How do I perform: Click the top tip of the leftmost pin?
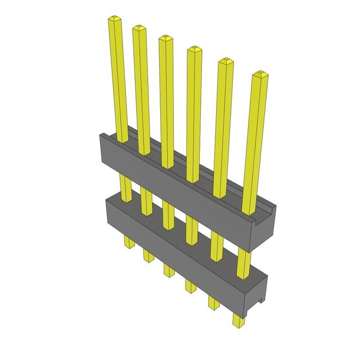coord(114,20)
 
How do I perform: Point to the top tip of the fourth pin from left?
coord(193,49)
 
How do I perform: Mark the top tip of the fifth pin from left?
coord(225,61)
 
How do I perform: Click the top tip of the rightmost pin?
coord(259,75)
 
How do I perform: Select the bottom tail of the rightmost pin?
coord(239,321)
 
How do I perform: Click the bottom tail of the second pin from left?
coord(148,255)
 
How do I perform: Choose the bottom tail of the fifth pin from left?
coord(213,303)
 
